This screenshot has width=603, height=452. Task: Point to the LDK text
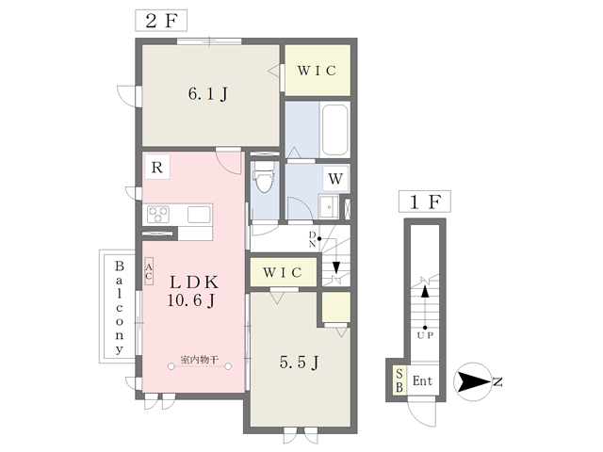[195, 282]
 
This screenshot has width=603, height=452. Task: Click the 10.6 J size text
[194, 301]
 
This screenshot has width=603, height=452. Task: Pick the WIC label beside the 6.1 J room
[318, 71]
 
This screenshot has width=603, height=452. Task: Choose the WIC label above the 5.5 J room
[283, 273]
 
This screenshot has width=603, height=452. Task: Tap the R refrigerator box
[157, 169]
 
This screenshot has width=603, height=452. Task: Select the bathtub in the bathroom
[335, 131]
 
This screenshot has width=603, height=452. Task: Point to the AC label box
[149, 272]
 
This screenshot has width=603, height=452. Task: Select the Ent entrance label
[422, 381]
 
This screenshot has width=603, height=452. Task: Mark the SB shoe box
[399, 380]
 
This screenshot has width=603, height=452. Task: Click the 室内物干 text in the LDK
[200, 360]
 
